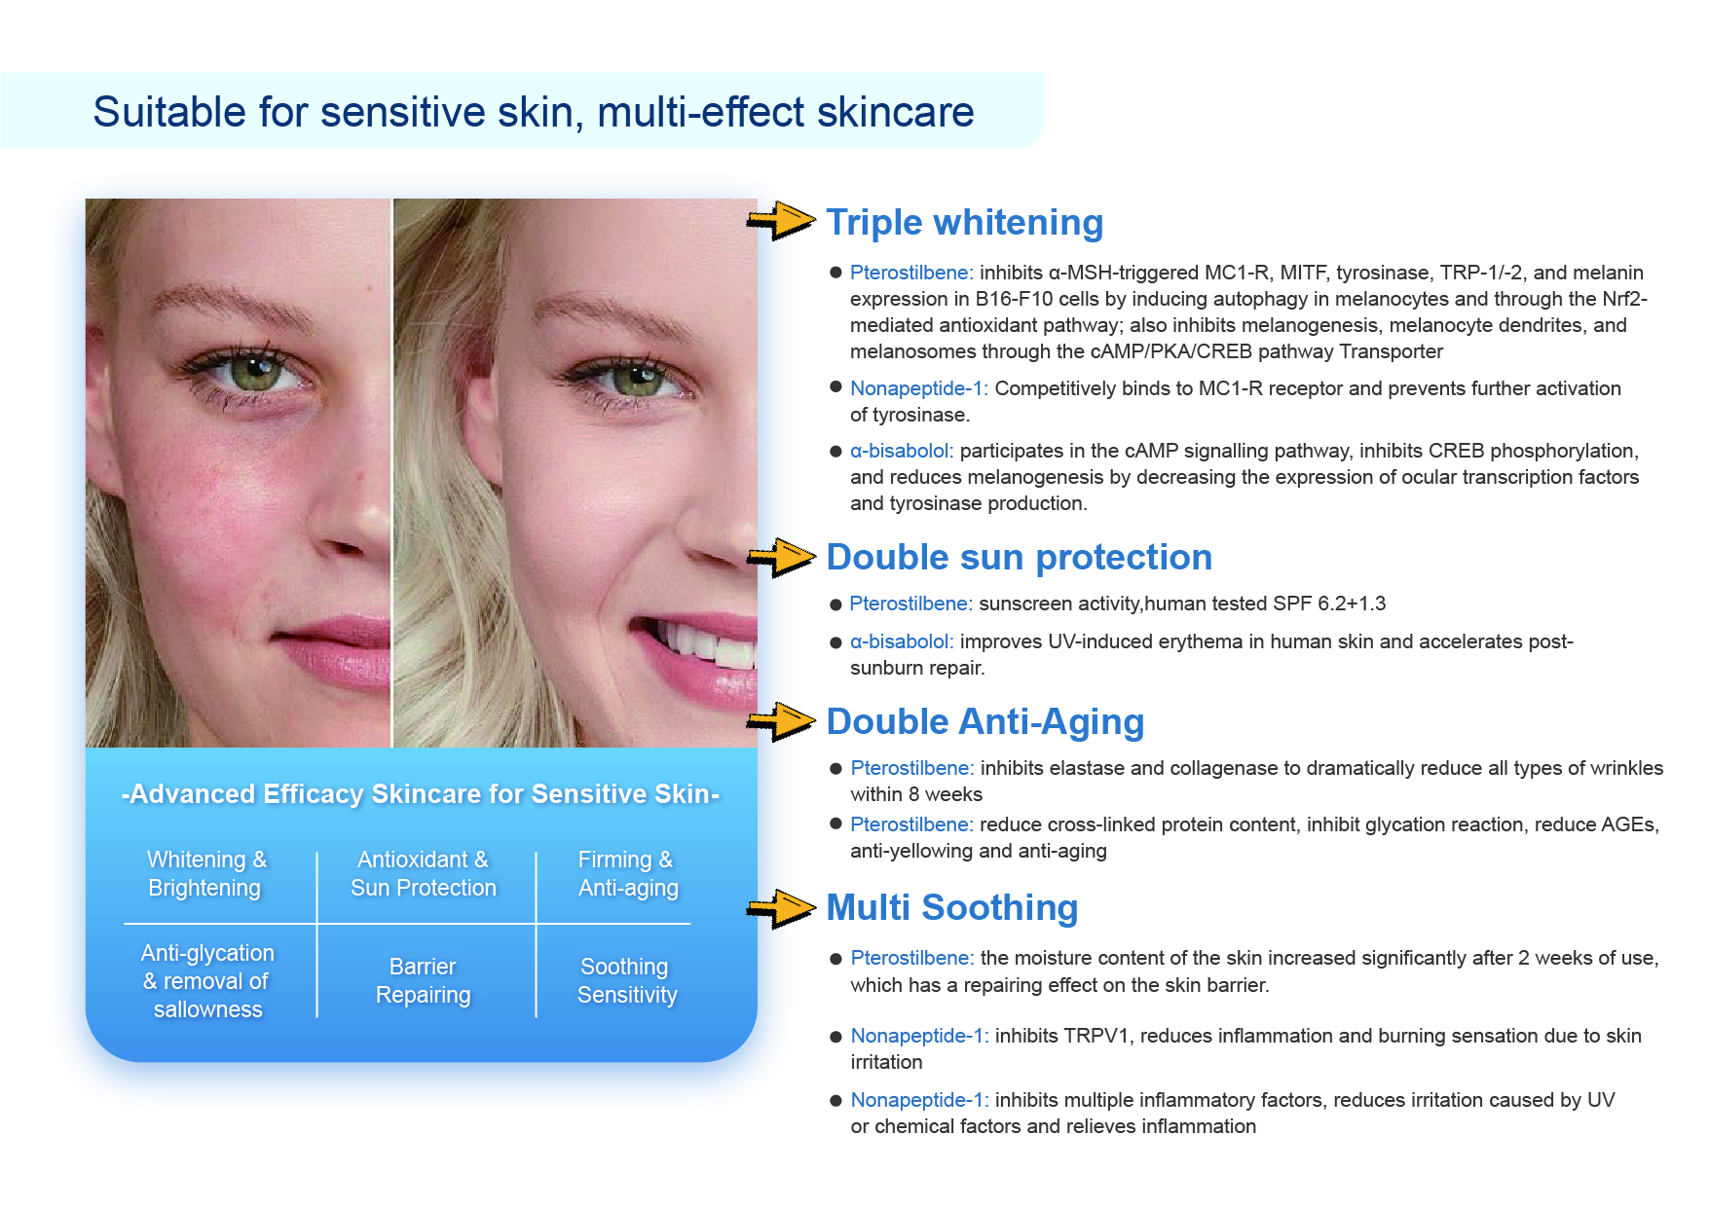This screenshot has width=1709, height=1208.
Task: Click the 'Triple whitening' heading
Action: (x=964, y=223)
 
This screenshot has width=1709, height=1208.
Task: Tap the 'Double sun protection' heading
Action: (x=1019, y=558)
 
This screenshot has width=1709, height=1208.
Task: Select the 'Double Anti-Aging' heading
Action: (x=985, y=722)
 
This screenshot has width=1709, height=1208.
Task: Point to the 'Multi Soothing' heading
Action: (x=951, y=908)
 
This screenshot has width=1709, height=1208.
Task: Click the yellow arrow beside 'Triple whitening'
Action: (x=781, y=220)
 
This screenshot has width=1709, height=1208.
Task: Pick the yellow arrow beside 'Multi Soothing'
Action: (x=781, y=908)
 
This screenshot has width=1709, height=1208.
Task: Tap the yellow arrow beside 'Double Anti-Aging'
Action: (x=781, y=721)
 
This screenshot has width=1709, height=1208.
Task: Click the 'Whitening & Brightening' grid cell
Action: (x=205, y=874)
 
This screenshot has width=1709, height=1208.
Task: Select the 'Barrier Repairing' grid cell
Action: (x=423, y=980)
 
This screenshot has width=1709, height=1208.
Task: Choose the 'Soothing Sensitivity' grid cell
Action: (x=626, y=980)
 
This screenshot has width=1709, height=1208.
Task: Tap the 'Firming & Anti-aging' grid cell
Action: (x=627, y=874)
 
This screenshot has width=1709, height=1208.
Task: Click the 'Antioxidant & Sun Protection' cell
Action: (x=423, y=874)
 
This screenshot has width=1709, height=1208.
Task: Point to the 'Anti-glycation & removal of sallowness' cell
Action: (x=207, y=981)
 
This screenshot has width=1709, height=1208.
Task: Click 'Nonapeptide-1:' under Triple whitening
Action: (x=919, y=388)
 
